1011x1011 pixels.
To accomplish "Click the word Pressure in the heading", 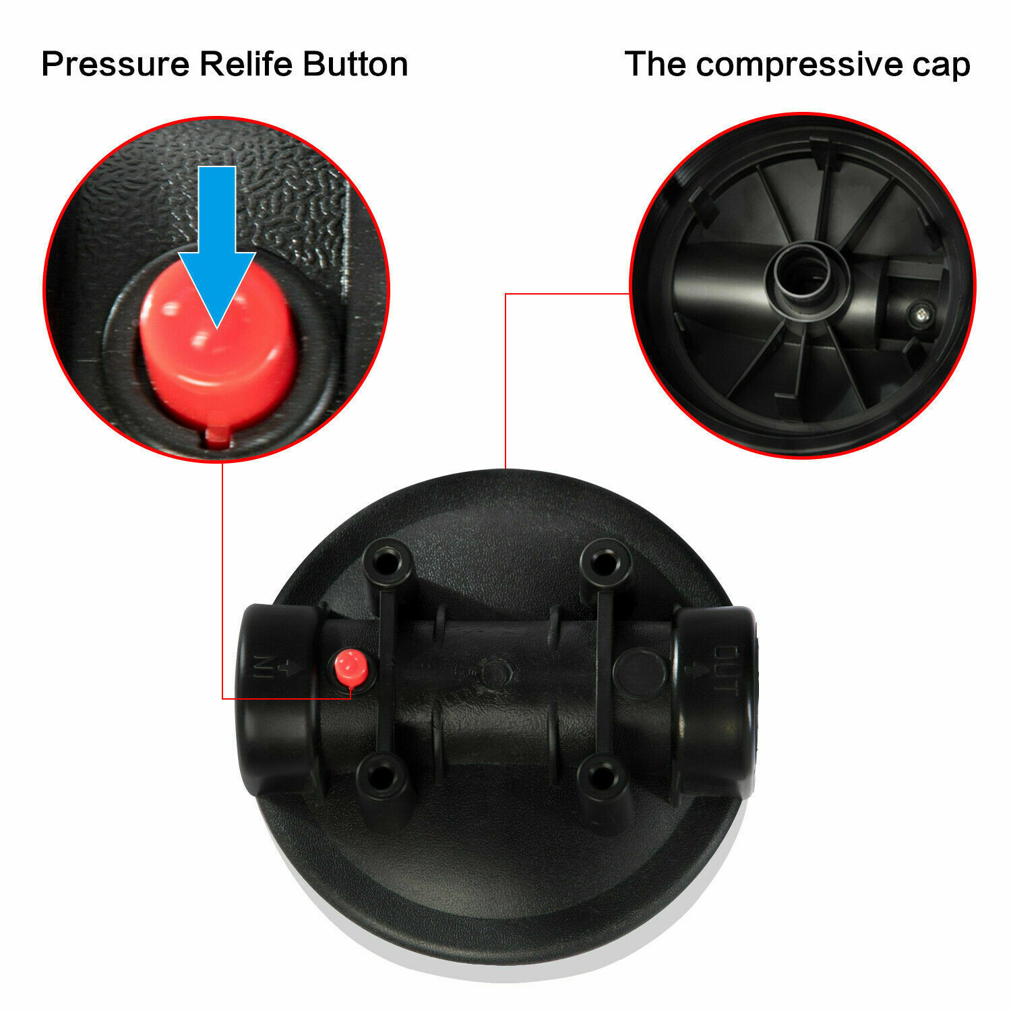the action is pyautogui.click(x=115, y=65).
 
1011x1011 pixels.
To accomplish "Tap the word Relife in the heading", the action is pyautogui.click(x=247, y=65).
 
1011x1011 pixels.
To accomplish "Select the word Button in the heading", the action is pyautogui.click(x=355, y=65).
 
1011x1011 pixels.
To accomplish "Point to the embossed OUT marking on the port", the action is pyautogui.click(x=724, y=670).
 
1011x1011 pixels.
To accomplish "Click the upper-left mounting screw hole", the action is pyautogui.click(x=384, y=563).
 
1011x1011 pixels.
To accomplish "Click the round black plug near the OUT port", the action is pyautogui.click(x=639, y=672).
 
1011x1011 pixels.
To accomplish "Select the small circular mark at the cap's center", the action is pyautogui.click(x=494, y=671).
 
